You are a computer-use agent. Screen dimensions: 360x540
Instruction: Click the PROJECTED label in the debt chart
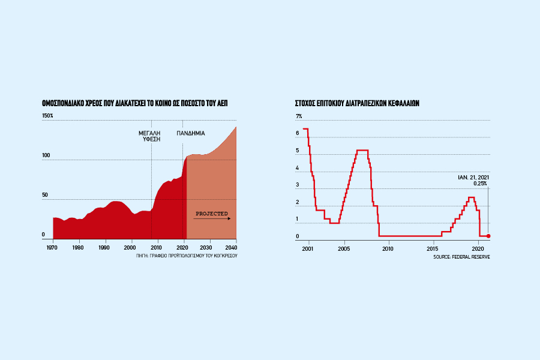click(x=212, y=213)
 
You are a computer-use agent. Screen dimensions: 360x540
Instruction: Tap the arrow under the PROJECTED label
click(x=212, y=219)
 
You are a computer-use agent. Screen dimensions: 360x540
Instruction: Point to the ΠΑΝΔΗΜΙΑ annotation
click(x=190, y=132)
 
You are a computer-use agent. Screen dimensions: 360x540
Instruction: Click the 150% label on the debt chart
click(x=47, y=115)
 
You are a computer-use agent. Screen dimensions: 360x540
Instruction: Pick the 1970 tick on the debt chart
click(x=53, y=247)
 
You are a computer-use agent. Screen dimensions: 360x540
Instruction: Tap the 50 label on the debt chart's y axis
click(x=44, y=196)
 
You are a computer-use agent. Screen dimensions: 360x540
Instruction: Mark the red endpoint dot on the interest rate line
click(x=488, y=236)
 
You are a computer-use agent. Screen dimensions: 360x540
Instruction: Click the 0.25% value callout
click(x=480, y=183)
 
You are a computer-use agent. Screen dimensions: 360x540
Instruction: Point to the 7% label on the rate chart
click(x=299, y=116)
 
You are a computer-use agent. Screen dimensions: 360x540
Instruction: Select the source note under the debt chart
click(x=187, y=256)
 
